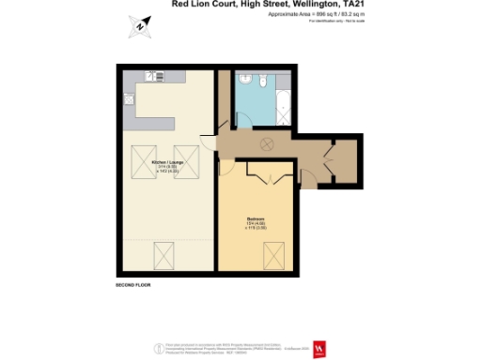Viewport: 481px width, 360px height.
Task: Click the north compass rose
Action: click(140, 26)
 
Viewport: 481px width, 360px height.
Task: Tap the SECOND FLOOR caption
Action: click(132, 282)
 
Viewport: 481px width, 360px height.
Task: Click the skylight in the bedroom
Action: click(275, 253)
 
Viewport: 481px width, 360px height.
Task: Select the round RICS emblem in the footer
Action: click(157, 348)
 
